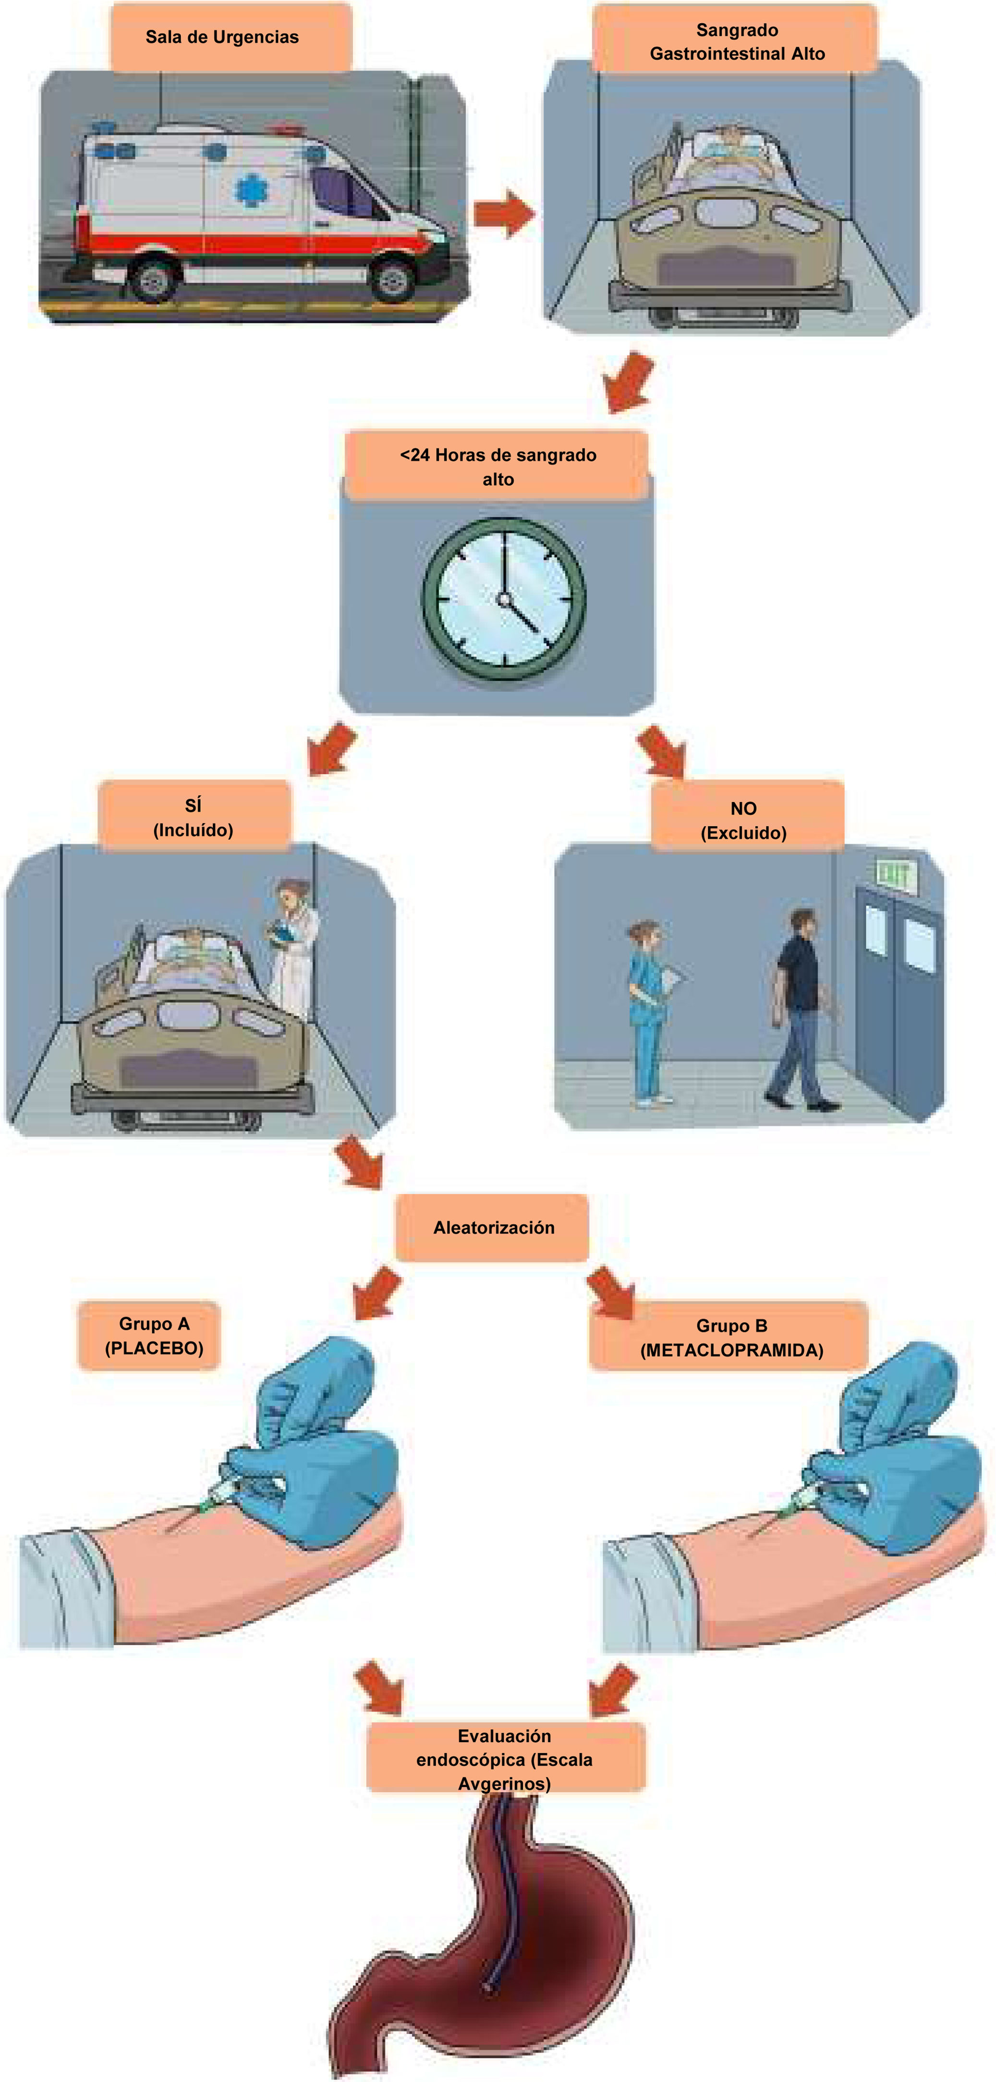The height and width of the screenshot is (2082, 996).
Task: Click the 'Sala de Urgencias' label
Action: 222,37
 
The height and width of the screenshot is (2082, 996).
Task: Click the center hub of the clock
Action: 505,600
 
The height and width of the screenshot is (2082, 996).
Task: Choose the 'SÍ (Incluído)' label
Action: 193,817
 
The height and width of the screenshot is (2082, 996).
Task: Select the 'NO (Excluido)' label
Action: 743,820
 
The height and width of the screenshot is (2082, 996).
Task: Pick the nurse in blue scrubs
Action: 648,1010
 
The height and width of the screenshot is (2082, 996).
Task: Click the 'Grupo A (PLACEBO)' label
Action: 154,1336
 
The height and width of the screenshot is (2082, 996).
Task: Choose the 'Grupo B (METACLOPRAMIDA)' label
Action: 731,1338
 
